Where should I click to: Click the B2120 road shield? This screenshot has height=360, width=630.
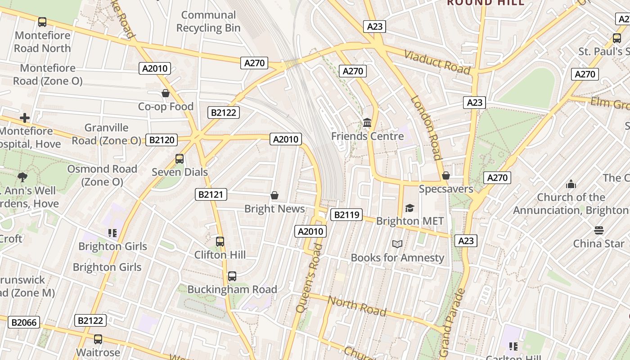pos(162,140)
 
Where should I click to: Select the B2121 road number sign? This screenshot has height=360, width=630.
pos(211,194)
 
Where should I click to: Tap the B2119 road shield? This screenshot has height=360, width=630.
pos(346,215)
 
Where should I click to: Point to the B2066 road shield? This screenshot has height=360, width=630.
pos(23,322)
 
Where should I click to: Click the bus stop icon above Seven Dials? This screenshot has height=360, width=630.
pos(179,159)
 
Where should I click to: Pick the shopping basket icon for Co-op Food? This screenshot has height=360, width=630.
pos(166,93)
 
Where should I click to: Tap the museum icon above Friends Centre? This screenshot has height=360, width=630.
pos(367,122)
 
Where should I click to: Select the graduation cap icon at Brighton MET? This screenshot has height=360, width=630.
pos(409,207)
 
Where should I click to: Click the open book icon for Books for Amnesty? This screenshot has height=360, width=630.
pos(397,244)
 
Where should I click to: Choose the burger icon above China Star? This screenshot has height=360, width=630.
pos(598,230)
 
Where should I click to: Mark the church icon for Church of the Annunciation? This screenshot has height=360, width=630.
pos(571,184)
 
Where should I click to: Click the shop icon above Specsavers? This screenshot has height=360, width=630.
pos(446,175)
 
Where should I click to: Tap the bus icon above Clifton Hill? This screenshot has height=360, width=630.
pos(220,242)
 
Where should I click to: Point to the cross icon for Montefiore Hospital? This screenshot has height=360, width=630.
pos(25,118)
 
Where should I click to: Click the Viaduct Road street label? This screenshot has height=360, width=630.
pos(437,63)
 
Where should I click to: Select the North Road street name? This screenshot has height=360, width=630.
pos(356,306)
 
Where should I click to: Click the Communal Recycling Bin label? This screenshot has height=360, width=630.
pos(208,22)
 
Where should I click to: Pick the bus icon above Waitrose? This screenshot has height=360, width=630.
pos(98,339)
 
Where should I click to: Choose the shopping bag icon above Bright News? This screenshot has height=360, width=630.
pos(274,195)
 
